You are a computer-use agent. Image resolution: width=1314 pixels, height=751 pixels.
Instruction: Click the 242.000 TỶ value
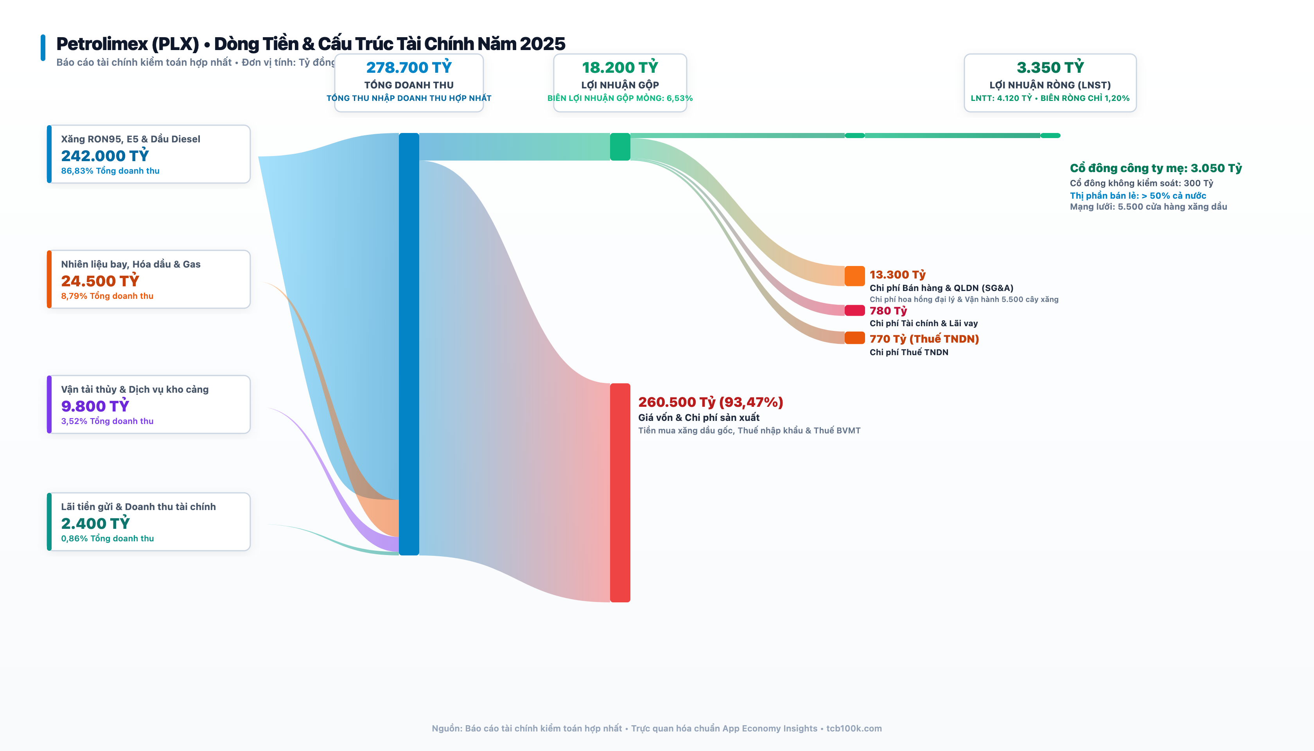click(x=105, y=155)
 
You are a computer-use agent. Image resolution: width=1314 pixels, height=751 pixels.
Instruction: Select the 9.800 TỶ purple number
click(x=95, y=406)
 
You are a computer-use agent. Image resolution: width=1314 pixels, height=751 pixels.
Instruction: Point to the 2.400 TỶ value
click(x=95, y=523)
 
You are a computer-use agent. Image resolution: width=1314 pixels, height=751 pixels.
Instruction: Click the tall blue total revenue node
click(x=409, y=344)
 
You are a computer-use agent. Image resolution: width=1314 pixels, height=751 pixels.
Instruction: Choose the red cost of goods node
click(x=620, y=492)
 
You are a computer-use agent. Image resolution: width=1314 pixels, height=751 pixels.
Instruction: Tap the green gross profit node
click(x=620, y=147)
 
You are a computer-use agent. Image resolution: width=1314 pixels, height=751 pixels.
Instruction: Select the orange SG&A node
click(x=854, y=276)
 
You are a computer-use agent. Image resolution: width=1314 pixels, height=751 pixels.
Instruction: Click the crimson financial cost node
click(x=854, y=311)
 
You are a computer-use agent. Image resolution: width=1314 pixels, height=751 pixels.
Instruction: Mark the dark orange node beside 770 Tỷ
click(x=854, y=338)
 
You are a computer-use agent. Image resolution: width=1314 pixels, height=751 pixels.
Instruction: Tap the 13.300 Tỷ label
click(x=898, y=275)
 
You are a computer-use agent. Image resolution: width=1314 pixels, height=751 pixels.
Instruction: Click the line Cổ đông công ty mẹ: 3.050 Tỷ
click(x=1156, y=168)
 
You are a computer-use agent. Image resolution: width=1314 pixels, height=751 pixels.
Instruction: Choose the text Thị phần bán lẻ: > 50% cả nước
click(x=1138, y=196)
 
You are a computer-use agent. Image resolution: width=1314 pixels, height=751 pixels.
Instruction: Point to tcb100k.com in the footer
click(x=854, y=728)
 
